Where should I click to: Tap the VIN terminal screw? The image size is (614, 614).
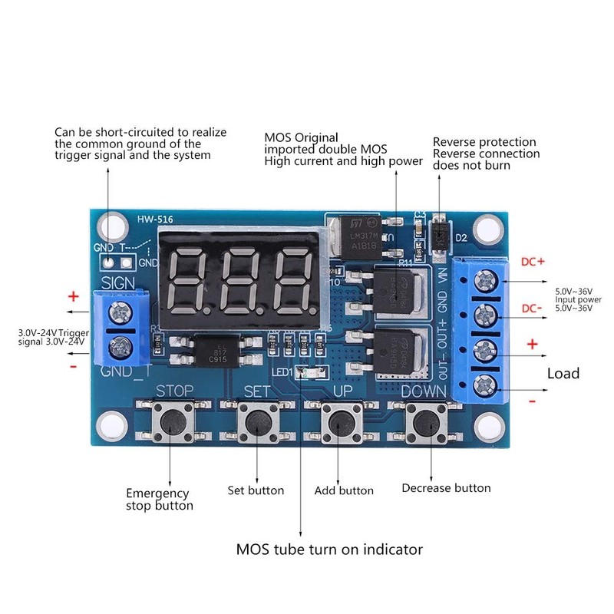point(484,281)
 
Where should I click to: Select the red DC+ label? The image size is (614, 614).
point(533,262)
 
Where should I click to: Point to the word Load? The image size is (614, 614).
point(563,374)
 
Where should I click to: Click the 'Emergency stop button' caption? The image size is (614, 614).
point(158,499)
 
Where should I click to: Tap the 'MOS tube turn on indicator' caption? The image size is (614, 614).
point(329,550)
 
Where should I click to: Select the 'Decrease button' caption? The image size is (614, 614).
point(446,487)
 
